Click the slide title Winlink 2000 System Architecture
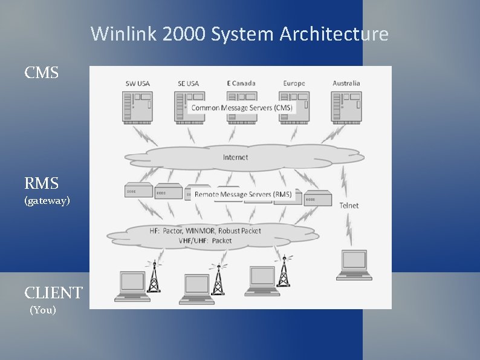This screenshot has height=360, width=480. [x=239, y=34]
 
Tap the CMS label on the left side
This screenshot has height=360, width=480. [x=42, y=73]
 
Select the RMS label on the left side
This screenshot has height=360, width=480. [x=42, y=183]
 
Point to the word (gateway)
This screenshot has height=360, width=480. [x=47, y=200]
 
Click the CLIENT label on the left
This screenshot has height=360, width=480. [x=53, y=293]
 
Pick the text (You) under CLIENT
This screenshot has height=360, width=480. [x=43, y=310]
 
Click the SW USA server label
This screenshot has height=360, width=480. [x=138, y=83]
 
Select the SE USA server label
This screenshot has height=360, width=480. [x=188, y=83]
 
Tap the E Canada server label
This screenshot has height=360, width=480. [x=241, y=83]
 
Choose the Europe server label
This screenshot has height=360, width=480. [x=294, y=83]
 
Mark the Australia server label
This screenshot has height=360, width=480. [x=346, y=83]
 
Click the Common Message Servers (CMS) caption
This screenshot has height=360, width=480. [x=242, y=108]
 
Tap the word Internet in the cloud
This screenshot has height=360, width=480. [x=236, y=157]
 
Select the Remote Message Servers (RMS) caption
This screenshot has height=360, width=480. [x=243, y=194]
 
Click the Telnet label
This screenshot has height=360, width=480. [x=349, y=206]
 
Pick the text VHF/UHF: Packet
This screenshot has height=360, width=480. [x=205, y=241]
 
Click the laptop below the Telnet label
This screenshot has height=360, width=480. [x=354, y=264]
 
